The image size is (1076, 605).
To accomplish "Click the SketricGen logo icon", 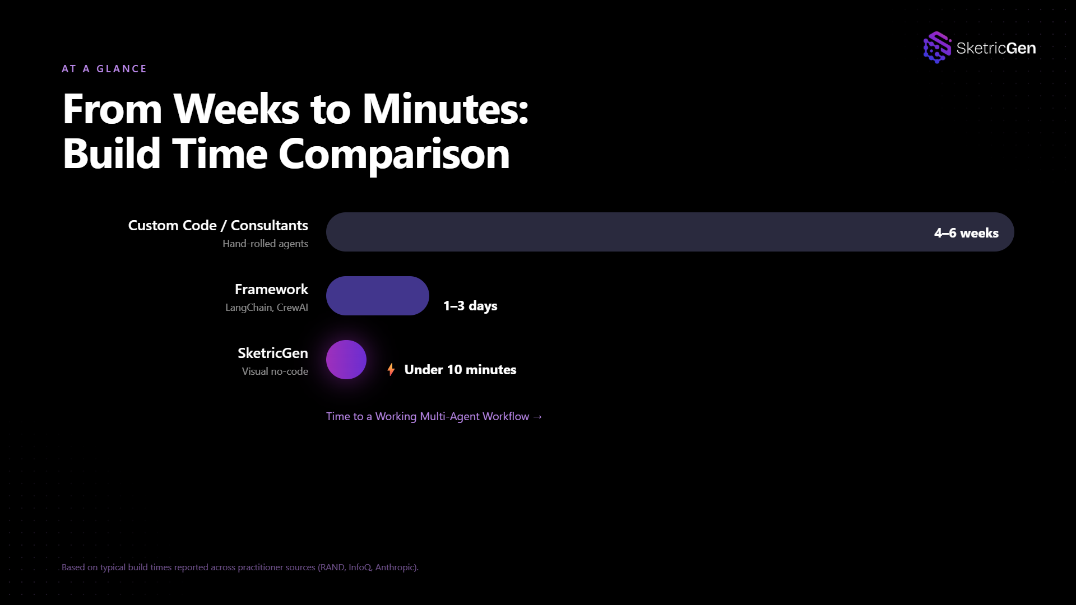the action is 937,48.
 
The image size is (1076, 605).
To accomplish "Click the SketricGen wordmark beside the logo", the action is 996,48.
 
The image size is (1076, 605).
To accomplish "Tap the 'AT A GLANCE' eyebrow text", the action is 104,69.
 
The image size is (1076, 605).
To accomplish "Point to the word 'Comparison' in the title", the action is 394,154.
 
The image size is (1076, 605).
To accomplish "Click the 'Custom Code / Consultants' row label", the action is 218,225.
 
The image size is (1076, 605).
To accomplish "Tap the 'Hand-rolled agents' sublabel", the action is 265,244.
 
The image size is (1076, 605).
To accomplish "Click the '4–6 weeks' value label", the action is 966,233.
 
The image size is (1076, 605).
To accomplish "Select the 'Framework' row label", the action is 271,289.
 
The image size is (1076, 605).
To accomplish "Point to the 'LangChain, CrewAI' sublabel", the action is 267,308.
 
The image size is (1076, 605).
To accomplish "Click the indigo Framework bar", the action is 378,296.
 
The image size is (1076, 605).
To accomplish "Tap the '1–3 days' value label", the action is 470,306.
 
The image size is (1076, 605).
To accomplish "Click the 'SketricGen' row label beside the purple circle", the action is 273,353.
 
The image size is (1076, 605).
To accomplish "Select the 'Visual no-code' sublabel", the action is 275,371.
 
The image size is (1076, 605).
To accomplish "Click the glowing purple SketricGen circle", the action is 346,360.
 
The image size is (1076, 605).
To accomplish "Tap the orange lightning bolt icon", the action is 391,370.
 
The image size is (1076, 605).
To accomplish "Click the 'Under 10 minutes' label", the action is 460,370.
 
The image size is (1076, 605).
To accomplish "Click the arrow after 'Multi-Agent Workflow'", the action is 537,417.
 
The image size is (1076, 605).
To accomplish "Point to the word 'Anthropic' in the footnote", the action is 396,567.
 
